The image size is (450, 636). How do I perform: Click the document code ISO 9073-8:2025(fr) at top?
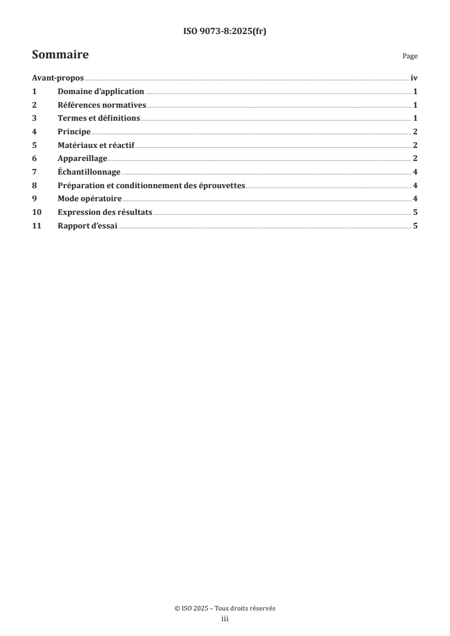coord(225,32)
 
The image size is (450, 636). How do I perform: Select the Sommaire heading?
coord(60,56)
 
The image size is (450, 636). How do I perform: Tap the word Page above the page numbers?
coord(410,57)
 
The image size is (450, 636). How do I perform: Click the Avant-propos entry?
coord(57,79)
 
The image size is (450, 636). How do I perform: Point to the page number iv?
coord(414,79)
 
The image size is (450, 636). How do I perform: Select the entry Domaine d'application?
coord(100,92)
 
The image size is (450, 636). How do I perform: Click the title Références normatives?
coord(102,105)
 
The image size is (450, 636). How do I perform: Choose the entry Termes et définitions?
coord(99,118)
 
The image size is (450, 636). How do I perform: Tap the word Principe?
coord(74,132)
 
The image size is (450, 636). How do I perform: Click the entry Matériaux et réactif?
coord(96,145)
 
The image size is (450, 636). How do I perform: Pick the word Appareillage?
coord(82,158)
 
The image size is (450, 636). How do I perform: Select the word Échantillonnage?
coord(89,172)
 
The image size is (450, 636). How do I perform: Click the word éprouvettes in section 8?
coord(222,185)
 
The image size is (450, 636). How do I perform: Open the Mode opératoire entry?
coord(90,198)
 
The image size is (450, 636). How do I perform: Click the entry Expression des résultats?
coord(104,212)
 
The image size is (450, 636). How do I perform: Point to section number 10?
coord(37,212)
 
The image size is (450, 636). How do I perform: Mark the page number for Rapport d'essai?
coord(415,225)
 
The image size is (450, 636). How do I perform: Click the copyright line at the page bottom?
coord(225,608)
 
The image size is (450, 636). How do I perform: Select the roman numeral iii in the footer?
coord(225,619)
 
